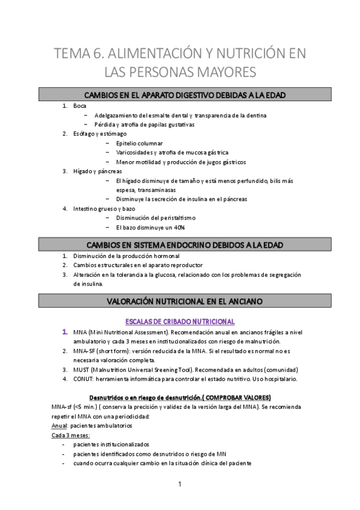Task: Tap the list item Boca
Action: [x=80, y=106]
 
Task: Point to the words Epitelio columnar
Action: [x=139, y=143]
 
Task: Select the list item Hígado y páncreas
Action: [x=97, y=171]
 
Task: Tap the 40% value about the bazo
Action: [x=177, y=228]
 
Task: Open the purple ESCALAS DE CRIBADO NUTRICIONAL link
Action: [x=180, y=321]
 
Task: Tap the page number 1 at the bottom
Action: [x=180, y=484]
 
